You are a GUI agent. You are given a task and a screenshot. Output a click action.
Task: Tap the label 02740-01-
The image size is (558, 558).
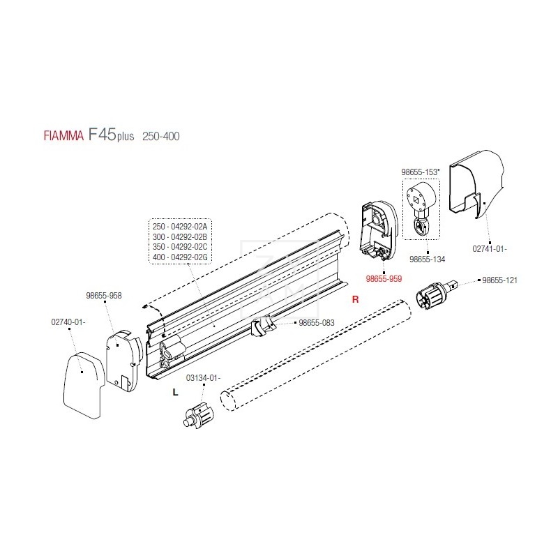click(x=68, y=322)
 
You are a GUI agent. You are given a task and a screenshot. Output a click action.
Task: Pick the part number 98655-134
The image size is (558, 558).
click(x=428, y=259)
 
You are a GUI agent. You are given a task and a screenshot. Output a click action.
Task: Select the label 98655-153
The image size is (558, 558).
click(x=418, y=172)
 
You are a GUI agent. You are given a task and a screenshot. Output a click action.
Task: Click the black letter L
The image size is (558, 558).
click(x=176, y=393)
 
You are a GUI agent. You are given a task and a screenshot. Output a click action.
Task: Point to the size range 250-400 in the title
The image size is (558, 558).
click(x=160, y=136)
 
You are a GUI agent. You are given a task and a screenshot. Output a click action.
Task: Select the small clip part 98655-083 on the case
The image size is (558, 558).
click(x=261, y=327)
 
